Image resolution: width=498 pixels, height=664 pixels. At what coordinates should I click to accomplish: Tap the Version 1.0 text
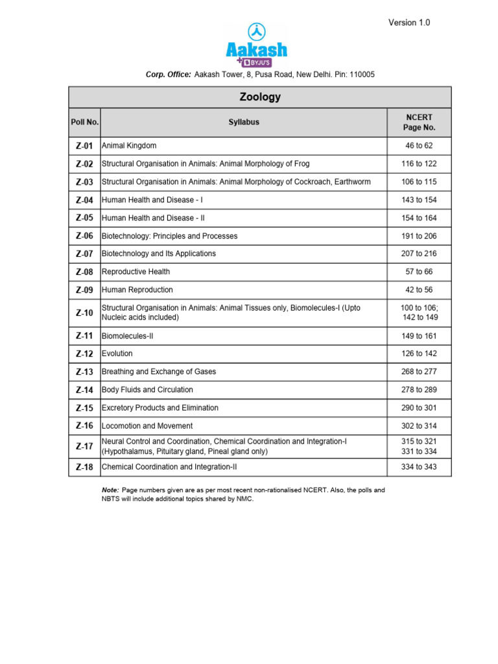pos(409,23)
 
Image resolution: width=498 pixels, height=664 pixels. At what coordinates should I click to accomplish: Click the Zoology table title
pos(260,97)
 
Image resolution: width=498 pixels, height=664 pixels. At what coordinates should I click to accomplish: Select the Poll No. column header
pos(85,122)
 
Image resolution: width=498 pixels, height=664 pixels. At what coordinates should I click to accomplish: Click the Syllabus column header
pos(244,122)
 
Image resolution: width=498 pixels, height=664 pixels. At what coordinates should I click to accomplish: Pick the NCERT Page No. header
pos(419,122)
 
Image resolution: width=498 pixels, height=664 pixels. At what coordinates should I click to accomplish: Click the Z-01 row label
pos(85,146)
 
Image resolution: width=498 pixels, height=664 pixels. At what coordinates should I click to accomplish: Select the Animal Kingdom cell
pos(129,146)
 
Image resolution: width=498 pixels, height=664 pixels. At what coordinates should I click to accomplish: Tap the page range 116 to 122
pos(419,164)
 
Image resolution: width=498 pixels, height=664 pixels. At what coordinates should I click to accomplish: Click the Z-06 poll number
pos(85,236)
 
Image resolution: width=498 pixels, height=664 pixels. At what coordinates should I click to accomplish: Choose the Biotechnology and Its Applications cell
pos(159,254)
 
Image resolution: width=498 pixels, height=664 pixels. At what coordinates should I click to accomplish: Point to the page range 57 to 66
pos(419,272)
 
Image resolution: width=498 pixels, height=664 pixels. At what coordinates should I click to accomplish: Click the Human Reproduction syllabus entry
pos(137,290)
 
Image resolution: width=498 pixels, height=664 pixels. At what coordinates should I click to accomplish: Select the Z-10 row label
pos(85,313)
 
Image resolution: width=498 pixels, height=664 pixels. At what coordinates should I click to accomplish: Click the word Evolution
pos(117,353)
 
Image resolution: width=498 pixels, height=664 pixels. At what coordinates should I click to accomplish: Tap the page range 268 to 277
pos(419,372)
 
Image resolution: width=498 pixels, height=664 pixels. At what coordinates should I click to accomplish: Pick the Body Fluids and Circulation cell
pos(147,390)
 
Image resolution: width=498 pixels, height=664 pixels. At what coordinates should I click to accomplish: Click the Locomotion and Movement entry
pos(147,426)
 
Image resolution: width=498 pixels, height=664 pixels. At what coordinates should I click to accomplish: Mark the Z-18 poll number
pos(85,467)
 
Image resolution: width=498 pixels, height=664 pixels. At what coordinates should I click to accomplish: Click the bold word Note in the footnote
pos(110,490)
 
